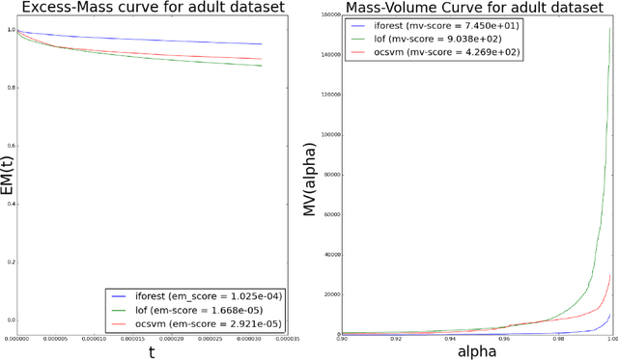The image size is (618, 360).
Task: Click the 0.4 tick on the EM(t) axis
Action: (x=12, y=205)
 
